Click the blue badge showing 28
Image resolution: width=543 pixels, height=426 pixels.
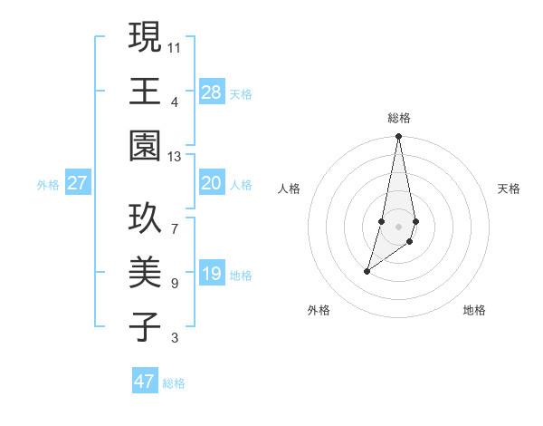pos(211,92)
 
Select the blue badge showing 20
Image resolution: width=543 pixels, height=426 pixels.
pos(211,183)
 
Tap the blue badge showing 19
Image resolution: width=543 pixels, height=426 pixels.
pos(211,275)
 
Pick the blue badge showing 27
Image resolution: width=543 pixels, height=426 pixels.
pos(78,183)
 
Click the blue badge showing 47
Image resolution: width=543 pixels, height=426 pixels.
pos(145,382)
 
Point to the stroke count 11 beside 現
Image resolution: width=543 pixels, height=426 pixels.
pos(175,45)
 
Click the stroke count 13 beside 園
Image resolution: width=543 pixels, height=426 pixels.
pos(175,156)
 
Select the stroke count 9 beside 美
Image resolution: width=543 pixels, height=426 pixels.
pos(175,284)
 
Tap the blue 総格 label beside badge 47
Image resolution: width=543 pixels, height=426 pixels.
pos(174,383)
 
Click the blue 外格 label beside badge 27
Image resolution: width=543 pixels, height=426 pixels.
pos(48,185)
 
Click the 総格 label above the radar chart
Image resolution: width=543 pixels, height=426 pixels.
pos(398,118)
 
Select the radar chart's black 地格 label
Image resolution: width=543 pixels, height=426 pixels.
pos(474,310)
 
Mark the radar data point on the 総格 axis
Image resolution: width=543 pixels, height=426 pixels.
pos(398,137)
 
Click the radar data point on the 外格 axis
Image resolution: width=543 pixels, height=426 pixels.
pos(367,271)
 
